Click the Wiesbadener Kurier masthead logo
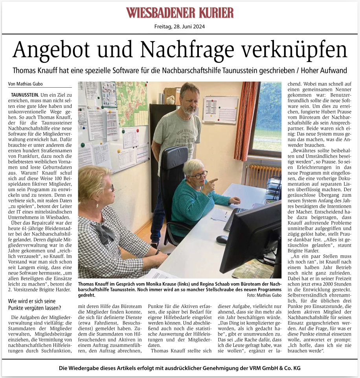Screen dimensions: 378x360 [180, 13]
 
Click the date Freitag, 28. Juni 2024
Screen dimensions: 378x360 [180, 27]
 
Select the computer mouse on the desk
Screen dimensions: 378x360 [222, 239]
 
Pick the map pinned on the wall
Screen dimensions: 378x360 [132, 102]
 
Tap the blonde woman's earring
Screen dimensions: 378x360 [97, 205]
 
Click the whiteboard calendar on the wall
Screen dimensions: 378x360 [220, 110]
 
